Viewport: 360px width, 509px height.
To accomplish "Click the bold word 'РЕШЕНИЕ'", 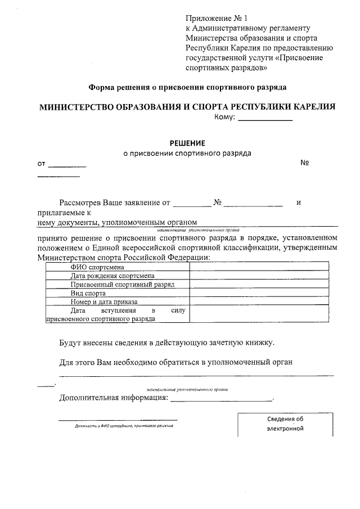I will coord(187,142).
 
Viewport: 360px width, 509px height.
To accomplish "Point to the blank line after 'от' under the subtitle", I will coord(67,166).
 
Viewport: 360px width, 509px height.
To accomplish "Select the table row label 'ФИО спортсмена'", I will coord(93,267).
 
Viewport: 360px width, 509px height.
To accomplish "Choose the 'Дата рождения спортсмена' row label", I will coord(112,276).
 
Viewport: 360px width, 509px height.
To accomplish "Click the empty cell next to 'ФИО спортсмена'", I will coord(258,267).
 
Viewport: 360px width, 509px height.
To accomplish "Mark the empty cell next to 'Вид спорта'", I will coord(258,293).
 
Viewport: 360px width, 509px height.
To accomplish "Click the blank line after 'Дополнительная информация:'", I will coord(220,400).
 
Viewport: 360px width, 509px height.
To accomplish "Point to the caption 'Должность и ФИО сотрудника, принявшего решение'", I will coord(123,426).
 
